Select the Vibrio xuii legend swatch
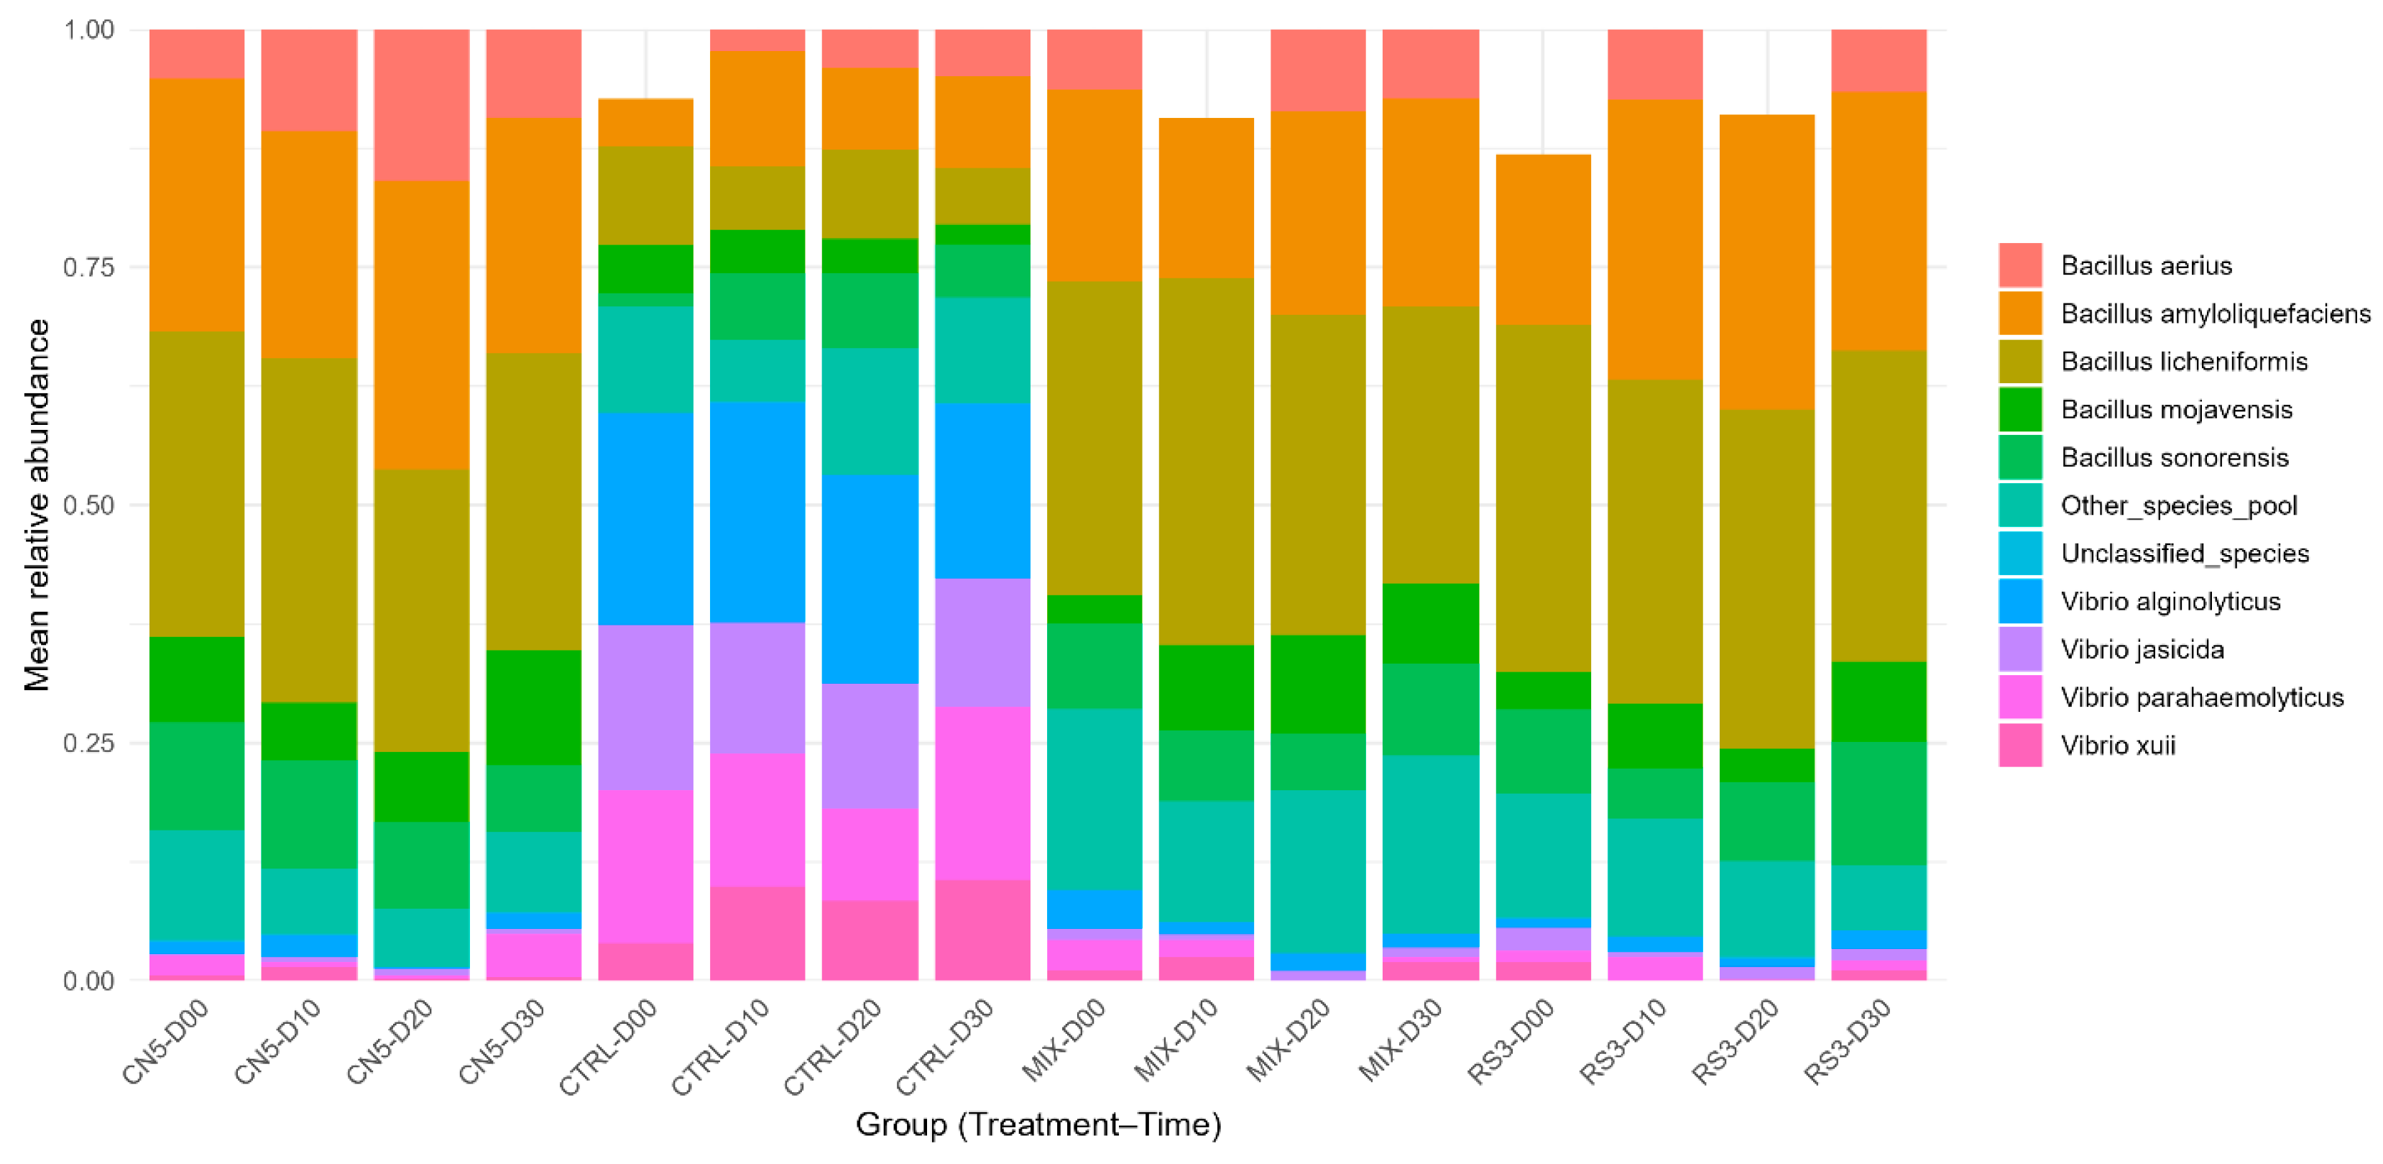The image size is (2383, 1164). tap(2020, 745)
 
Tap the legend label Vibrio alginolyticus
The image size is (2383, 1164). tap(2170, 602)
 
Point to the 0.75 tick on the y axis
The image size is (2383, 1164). tap(88, 267)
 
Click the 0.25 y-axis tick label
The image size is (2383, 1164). tap(88, 743)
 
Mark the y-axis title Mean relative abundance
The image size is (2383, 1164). tap(37, 505)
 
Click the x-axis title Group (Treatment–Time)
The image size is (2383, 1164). tap(1038, 1124)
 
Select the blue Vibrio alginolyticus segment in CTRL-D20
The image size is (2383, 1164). tap(870, 579)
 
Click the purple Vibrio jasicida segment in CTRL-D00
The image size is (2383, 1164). tap(646, 707)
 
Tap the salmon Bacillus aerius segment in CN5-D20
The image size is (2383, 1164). tap(421, 104)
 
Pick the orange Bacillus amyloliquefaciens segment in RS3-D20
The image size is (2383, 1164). tap(1767, 262)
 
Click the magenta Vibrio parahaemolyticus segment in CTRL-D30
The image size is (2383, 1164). tap(982, 793)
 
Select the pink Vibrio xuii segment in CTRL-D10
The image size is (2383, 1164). tap(757, 932)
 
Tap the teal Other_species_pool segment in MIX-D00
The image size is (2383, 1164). tap(1094, 799)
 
